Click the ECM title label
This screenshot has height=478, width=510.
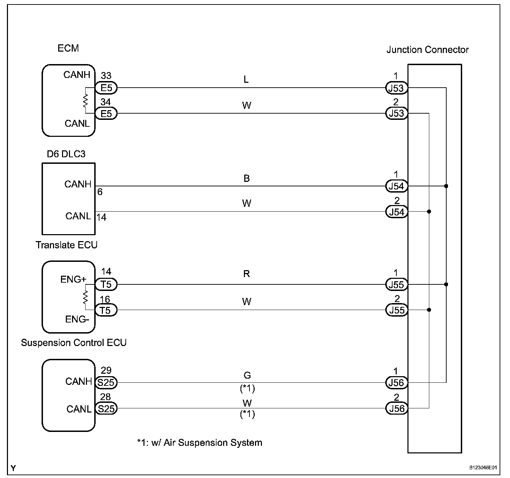pyautogui.click(x=68, y=48)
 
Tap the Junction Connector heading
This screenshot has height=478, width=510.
pyautogui.click(x=427, y=50)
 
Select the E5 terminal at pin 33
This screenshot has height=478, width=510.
pyautogui.click(x=106, y=88)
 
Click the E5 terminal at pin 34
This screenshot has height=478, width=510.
pyautogui.click(x=106, y=113)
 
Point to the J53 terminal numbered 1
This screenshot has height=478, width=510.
pyautogui.click(x=396, y=88)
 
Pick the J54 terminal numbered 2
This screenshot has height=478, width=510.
pyautogui.click(x=396, y=212)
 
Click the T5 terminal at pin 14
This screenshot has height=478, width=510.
pyautogui.click(x=106, y=284)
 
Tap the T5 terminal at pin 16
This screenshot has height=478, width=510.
pyautogui.click(x=106, y=310)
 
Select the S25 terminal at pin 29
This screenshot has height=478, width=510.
pyautogui.click(x=106, y=382)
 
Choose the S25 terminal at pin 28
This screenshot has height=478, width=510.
pyautogui.click(x=106, y=408)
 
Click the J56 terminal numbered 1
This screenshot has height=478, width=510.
pyautogui.click(x=396, y=382)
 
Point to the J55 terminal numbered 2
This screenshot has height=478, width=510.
pyautogui.click(x=396, y=310)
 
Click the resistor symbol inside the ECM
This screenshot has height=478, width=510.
pyautogui.click(x=85, y=100)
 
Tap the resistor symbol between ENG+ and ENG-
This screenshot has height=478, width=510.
pyautogui.click(x=85, y=297)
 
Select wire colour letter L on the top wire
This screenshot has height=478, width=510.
pyautogui.click(x=246, y=79)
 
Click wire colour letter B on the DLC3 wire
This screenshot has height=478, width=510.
pyautogui.click(x=247, y=178)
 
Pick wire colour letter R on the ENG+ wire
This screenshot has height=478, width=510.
pyautogui.click(x=247, y=274)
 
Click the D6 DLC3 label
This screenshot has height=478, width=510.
pyautogui.click(x=66, y=154)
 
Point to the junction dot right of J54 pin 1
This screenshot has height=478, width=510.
pyautogui.click(x=446, y=186)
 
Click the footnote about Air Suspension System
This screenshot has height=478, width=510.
pyautogui.click(x=200, y=443)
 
